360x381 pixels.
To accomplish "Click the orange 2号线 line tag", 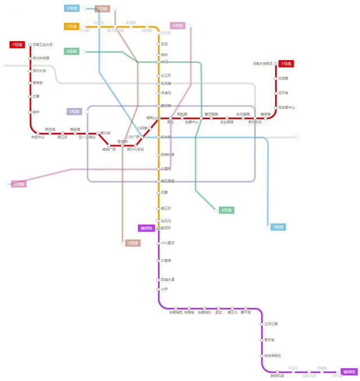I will [71, 26].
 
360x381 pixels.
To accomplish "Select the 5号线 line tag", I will [74, 111].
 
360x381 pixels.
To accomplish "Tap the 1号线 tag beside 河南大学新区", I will [286, 64].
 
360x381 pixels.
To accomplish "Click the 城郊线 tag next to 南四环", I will [146, 228].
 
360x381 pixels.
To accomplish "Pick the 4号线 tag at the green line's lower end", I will [226, 210].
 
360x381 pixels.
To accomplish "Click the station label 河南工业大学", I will [43, 44].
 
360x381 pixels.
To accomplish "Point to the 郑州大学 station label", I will [39, 71].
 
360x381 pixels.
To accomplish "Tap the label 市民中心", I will [38, 137].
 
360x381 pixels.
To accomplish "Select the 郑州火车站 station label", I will [136, 150].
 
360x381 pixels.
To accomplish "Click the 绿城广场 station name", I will [109, 150].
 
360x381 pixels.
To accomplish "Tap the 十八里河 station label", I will [168, 243].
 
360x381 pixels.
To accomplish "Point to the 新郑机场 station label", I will [277, 376].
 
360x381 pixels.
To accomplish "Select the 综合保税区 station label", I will [273, 356].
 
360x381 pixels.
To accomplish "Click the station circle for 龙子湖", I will [276, 93].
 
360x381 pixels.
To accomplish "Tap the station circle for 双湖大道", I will [159, 280].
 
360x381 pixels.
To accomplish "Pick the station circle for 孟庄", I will [218, 308].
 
